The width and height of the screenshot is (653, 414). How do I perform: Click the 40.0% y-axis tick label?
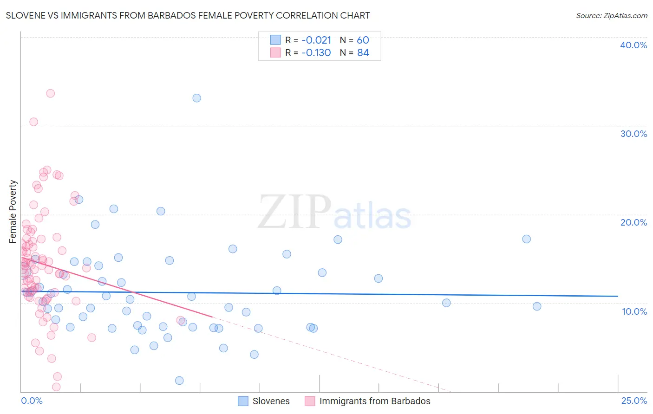[x=633, y=45]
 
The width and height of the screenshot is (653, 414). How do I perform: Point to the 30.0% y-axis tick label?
[x=633, y=134]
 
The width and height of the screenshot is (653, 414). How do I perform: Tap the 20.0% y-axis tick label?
[x=633, y=222]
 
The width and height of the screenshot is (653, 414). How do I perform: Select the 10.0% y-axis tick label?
[x=634, y=311]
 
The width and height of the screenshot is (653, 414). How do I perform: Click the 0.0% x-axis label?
[x=32, y=401]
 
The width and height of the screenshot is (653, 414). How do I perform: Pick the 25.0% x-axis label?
[x=634, y=401]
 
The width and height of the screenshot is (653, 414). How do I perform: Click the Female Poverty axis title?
[x=13, y=212]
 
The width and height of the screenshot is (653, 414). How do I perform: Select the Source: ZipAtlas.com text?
[x=611, y=15]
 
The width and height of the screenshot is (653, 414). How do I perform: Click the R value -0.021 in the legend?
[x=316, y=40]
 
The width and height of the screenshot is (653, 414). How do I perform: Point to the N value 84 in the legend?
[x=363, y=53]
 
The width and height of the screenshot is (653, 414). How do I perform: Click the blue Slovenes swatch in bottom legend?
[x=243, y=401]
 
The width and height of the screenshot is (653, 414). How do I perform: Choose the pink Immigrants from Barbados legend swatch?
[x=310, y=401]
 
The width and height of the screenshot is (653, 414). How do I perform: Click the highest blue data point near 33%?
[x=197, y=98]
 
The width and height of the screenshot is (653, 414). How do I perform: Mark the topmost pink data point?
[x=51, y=93]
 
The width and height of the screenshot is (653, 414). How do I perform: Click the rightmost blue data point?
[x=537, y=306]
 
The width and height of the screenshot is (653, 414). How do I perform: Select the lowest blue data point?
[x=179, y=381]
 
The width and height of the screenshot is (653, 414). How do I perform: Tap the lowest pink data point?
[x=56, y=387]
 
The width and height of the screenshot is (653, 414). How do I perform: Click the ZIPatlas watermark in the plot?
[x=334, y=212]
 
